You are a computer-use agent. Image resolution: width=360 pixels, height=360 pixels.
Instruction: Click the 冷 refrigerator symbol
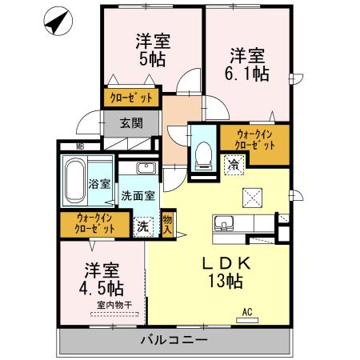(234, 166)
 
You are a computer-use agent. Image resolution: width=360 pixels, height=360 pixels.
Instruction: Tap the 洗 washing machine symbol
(143, 226)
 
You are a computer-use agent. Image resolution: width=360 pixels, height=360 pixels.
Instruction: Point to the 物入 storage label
(167, 223)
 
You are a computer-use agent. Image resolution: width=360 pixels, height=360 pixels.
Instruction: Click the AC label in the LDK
(246, 313)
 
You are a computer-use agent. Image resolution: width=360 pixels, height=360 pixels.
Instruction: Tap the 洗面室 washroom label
(138, 195)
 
